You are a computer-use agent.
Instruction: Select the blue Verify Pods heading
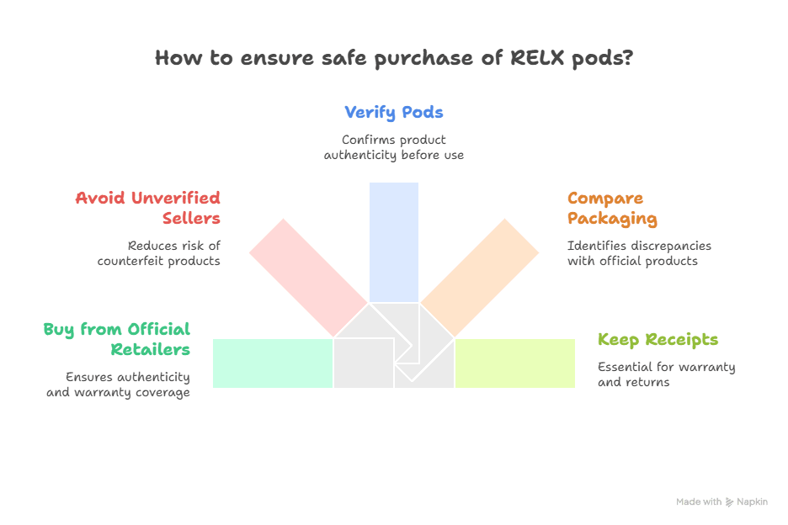[x=394, y=112]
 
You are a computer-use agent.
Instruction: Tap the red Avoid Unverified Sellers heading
[x=148, y=208]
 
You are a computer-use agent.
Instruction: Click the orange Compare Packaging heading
[x=612, y=208]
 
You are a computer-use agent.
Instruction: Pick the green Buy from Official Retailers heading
[x=117, y=339]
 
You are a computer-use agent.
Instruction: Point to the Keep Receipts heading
[x=658, y=340]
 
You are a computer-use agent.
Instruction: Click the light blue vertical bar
[x=394, y=241]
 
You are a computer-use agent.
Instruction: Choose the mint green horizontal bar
[x=272, y=363]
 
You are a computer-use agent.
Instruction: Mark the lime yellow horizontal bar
[x=515, y=363]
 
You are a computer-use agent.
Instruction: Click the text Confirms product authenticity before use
[x=394, y=147]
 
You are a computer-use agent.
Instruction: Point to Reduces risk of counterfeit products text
[x=159, y=253]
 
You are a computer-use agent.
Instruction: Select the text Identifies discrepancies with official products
[x=639, y=253]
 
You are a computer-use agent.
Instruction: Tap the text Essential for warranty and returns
[x=666, y=374]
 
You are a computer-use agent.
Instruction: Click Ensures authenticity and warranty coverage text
[x=118, y=384]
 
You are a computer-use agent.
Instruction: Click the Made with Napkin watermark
[x=721, y=501]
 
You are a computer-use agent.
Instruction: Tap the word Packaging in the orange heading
[x=612, y=219]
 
